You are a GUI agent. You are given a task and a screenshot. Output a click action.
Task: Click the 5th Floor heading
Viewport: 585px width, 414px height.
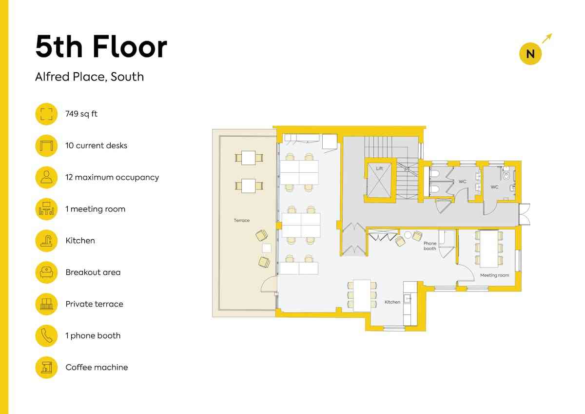pyautogui.click(x=101, y=47)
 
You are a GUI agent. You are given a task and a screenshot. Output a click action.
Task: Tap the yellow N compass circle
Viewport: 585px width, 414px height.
pyautogui.click(x=530, y=54)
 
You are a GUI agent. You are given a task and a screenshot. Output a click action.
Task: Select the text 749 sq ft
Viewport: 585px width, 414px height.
pyautogui.click(x=81, y=114)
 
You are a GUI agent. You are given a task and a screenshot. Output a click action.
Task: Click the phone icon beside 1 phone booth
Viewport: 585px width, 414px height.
pyautogui.click(x=46, y=336)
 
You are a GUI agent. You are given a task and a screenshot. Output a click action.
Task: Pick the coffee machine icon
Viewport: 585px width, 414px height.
pyautogui.click(x=46, y=368)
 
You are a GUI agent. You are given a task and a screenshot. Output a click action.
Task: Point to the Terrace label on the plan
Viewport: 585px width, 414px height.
pyautogui.click(x=242, y=221)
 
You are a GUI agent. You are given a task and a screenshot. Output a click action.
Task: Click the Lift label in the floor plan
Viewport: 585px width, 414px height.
pyautogui.click(x=379, y=168)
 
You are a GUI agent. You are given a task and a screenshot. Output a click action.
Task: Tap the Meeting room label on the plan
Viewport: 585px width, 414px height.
pyautogui.click(x=494, y=275)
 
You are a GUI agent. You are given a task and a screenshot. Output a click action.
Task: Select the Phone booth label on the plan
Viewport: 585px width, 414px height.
pyautogui.click(x=430, y=246)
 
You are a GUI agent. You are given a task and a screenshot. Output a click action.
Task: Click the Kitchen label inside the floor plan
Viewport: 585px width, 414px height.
pyautogui.click(x=392, y=302)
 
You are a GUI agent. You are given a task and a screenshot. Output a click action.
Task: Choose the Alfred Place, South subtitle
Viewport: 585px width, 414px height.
pyautogui.click(x=90, y=77)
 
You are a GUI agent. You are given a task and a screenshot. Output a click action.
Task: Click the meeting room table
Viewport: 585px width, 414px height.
pyautogui.click(x=489, y=248)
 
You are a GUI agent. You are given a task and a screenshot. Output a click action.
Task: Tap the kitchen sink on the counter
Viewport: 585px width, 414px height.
pyautogui.click(x=408, y=299)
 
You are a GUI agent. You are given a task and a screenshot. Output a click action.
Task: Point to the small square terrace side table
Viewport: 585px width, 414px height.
pyautogui.click(x=267, y=248)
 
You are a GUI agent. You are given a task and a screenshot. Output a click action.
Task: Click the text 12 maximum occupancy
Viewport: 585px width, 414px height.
pyautogui.click(x=112, y=177)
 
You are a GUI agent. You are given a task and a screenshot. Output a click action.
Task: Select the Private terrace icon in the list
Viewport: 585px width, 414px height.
pyautogui.click(x=46, y=304)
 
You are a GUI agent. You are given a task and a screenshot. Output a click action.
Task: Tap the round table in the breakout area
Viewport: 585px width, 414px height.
pyautogui.click(x=408, y=235)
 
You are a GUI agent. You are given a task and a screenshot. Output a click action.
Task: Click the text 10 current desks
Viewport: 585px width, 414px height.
pyautogui.click(x=96, y=145)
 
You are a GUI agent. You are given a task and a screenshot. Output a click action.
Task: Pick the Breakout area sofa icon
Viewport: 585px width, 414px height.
pyautogui.click(x=46, y=272)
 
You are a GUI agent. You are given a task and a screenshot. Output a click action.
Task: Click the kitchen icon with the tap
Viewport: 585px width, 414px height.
pyautogui.click(x=46, y=241)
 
